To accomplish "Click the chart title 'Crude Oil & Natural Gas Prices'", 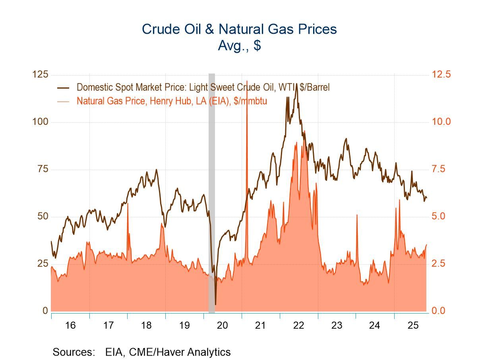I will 239,29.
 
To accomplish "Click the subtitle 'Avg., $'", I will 239,45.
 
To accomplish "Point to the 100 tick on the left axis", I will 40,122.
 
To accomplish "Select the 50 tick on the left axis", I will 42,216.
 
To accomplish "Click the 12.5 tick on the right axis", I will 441,74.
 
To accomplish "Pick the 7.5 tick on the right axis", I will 441,169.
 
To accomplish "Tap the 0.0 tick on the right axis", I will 441,311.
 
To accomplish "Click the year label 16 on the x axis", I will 70,325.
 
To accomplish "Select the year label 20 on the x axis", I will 223,325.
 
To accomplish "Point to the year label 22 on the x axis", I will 298,325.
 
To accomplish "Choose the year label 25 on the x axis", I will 413,325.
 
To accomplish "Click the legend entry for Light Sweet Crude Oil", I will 203,87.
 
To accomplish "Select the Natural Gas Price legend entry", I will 172,101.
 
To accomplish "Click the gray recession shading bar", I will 212,191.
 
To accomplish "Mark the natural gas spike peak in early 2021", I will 247,81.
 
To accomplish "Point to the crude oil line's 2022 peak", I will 296,84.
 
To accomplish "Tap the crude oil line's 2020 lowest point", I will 215,304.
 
